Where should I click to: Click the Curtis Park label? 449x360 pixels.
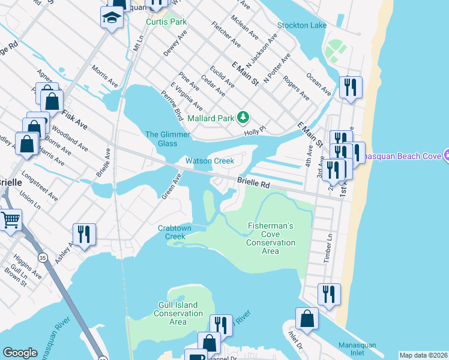tap(166, 22)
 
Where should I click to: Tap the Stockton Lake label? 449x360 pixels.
tap(302, 25)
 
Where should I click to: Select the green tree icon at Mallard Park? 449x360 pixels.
tap(243, 117)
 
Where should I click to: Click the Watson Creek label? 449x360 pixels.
tap(209, 161)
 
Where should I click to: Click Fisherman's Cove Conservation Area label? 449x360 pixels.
tap(271, 238)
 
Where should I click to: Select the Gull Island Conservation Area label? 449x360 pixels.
tap(178, 313)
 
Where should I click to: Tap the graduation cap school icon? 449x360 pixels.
tap(111, 19)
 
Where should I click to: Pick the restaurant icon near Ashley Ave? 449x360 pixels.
tap(84, 234)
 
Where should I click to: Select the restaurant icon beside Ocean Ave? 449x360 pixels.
tap(349, 87)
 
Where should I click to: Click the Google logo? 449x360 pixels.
tap(20, 353)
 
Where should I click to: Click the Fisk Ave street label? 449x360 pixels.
tap(74, 116)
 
